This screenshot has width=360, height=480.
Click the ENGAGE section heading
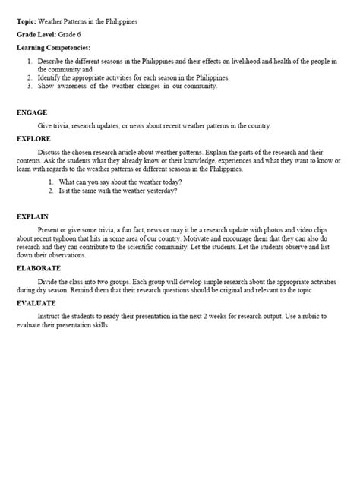pos(31,112)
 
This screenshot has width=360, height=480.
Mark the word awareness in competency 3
pos(81,86)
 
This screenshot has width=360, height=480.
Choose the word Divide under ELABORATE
pos(47,280)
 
